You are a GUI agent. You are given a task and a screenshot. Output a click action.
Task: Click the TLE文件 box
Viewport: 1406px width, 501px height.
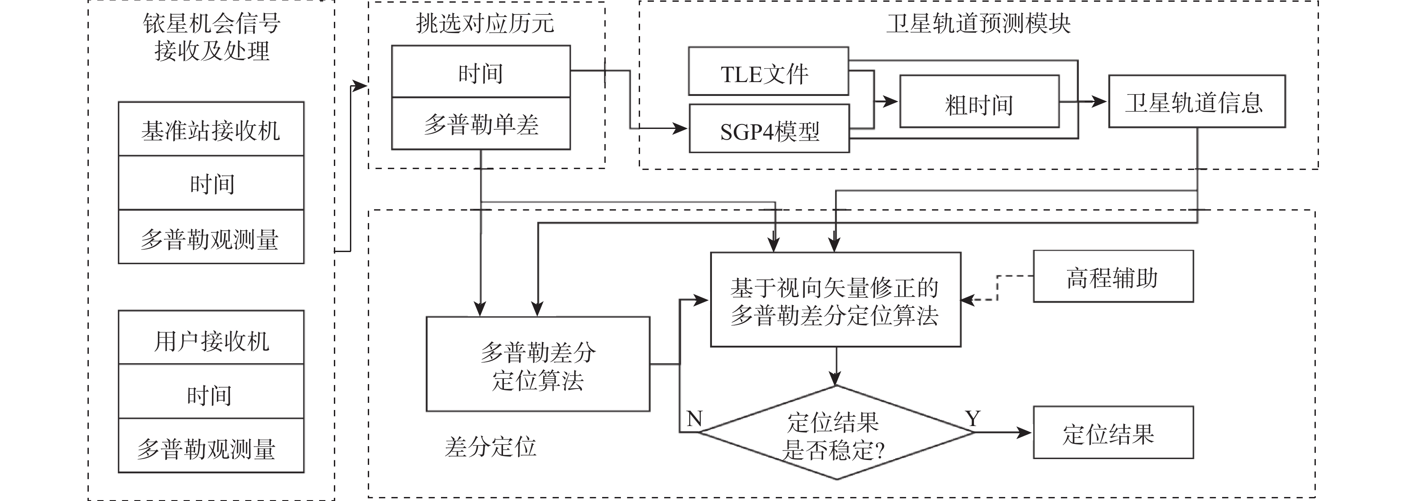[x=768, y=71]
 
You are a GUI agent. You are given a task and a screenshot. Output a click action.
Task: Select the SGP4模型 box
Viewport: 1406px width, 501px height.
[x=769, y=129]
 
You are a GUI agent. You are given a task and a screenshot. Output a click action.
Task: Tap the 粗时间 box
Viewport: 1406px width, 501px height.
[x=979, y=102]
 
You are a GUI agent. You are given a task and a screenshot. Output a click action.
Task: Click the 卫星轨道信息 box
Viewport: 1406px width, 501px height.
[x=1196, y=102]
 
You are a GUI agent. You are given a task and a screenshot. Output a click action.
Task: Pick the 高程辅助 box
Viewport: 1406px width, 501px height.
[x=1113, y=277]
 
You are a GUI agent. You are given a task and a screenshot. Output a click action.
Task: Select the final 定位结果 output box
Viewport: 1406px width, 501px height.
[x=1113, y=433]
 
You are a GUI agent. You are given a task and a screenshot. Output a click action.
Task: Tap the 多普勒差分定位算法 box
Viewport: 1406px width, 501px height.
[x=537, y=364]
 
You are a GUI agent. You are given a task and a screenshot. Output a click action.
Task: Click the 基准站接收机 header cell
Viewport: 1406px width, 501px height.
[x=211, y=129]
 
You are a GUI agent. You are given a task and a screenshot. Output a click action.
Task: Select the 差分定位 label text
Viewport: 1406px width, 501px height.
[x=490, y=447]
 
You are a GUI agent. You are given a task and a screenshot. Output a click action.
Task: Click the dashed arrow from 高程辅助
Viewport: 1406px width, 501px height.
[x=998, y=288]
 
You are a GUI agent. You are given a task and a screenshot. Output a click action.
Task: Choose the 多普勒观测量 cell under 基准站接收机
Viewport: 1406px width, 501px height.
[x=211, y=237]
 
